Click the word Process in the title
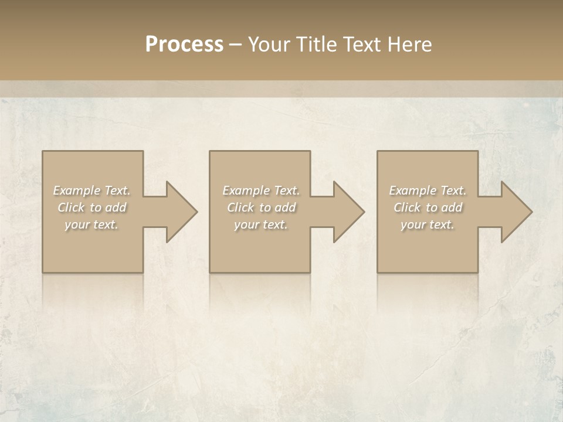click(184, 45)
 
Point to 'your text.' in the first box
click(91, 224)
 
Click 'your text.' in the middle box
click(261, 224)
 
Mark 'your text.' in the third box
click(428, 224)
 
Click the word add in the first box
click(116, 207)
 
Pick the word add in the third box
click(452, 207)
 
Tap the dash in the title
click(236, 45)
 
